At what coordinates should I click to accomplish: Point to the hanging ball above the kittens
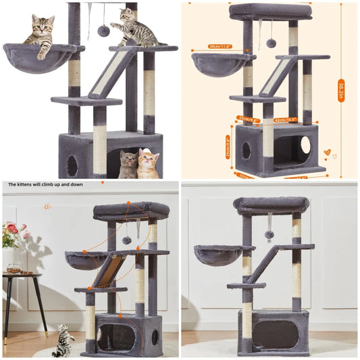[x=103, y=30]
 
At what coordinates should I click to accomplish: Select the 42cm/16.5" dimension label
[x=286, y=120]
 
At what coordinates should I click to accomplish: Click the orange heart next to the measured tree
[x=327, y=152]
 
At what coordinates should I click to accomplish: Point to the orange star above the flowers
[x=47, y=205]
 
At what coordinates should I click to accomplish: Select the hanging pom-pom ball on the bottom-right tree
[x=269, y=234]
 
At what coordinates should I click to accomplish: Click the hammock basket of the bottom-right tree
[x=217, y=255]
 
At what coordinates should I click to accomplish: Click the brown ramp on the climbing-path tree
[x=108, y=270]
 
